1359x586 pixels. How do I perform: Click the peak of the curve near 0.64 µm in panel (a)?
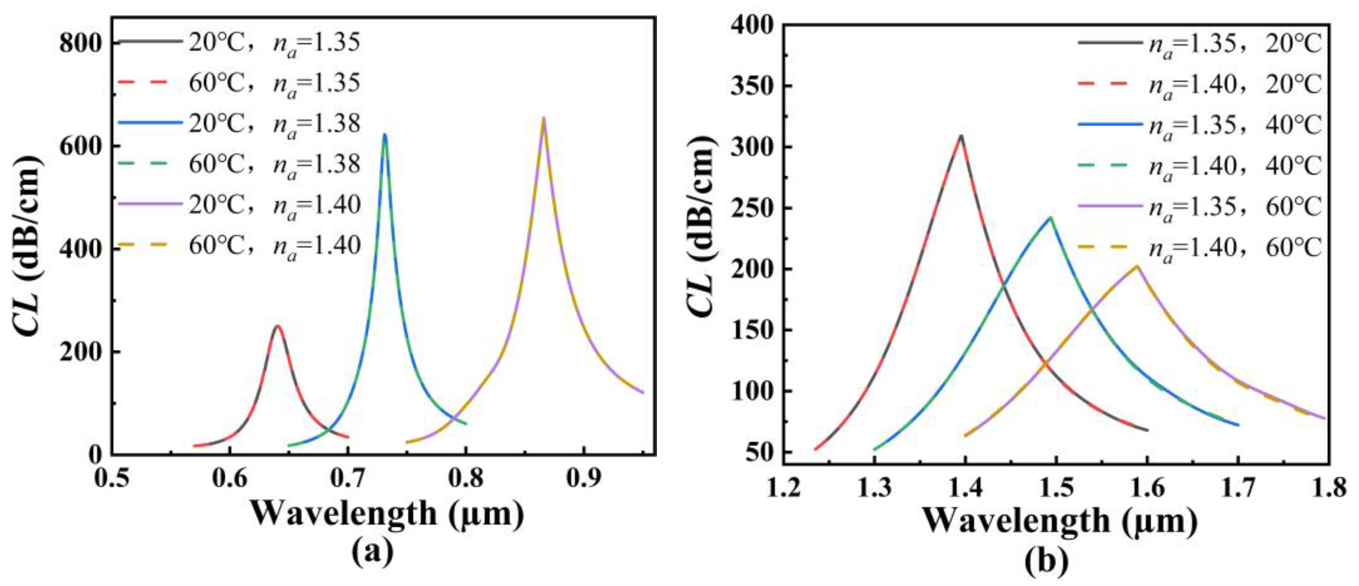tap(277, 326)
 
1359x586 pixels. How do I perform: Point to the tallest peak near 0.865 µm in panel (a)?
tap(543, 118)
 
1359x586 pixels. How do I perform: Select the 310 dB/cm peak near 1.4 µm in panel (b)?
tap(961, 136)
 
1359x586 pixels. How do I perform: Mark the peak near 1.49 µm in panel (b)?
tap(1051, 217)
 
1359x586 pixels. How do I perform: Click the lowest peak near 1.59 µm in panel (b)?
tap(1137, 266)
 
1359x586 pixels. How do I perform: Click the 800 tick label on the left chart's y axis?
tap(80, 43)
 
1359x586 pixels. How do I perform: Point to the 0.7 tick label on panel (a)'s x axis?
tap(347, 480)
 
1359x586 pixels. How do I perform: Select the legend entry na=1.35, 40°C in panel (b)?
tap(1235, 126)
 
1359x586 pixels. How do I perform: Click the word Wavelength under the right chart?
tap(1015, 521)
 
